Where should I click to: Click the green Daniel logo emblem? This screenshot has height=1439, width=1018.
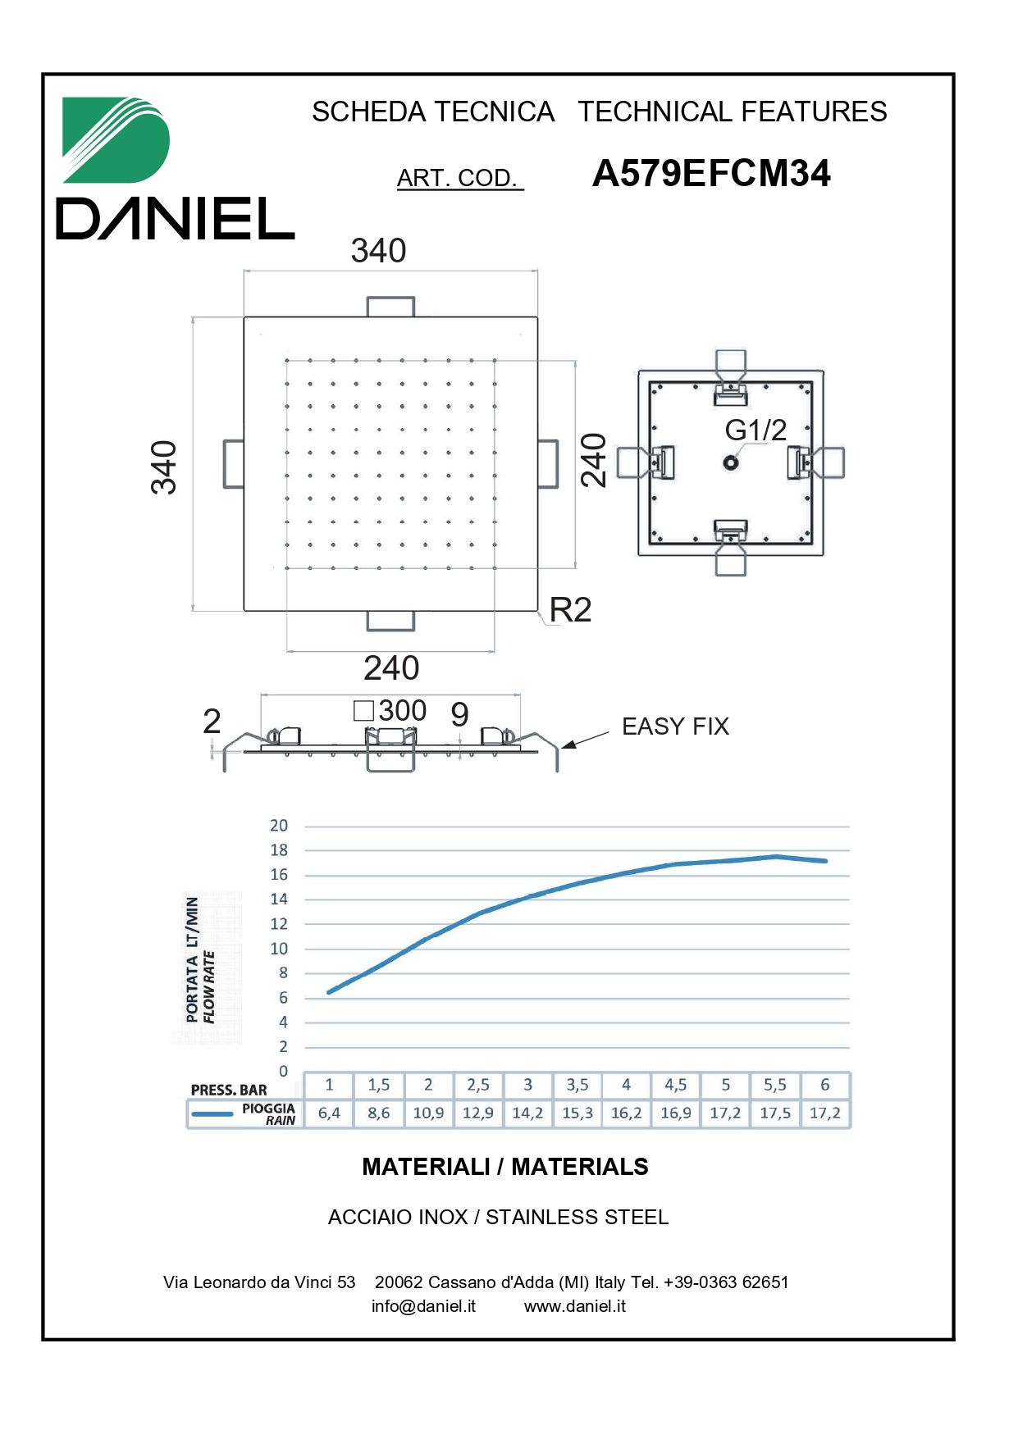click(x=115, y=139)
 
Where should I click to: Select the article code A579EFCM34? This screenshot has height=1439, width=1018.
click(x=711, y=174)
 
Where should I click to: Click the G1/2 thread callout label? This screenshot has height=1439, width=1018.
click(x=756, y=430)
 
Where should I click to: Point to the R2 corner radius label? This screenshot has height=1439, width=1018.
click(x=570, y=610)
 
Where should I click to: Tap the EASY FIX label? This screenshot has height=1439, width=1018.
click(x=675, y=726)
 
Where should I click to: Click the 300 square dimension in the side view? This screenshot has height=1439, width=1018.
click(x=390, y=710)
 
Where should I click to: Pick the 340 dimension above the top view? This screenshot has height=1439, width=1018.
click(x=378, y=251)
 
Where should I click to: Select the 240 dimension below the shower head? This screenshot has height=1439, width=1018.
click(x=391, y=668)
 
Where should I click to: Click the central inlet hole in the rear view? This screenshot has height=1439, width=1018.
click(x=731, y=462)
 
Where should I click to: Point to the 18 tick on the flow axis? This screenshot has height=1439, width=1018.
click(x=279, y=850)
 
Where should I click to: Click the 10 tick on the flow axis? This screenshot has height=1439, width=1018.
click(x=279, y=949)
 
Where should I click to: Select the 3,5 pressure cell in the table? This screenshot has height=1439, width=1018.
click(x=577, y=1085)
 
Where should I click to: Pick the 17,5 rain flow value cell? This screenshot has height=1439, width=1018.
click(x=775, y=1113)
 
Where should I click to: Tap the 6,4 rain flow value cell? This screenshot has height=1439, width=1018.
click(x=329, y=1113)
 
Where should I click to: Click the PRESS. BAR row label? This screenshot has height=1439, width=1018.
click(x=229, y=1090)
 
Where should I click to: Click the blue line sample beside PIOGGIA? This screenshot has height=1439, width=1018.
click(x=212, y=1114)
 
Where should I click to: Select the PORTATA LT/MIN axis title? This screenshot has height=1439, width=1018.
click(x=192, y=959)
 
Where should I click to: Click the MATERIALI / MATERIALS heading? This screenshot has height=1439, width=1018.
click(x=505, y=1167)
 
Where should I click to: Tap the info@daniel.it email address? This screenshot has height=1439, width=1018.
click(x=423, y=1306)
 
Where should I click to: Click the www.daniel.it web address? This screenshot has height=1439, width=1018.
click(x=575, y=1306)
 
